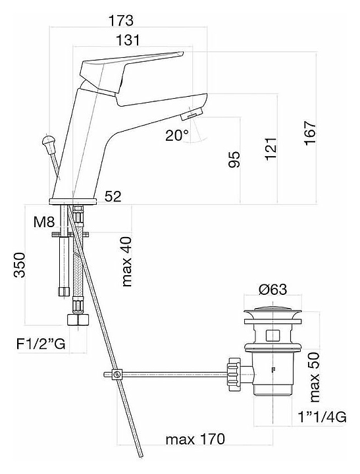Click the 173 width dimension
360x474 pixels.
120,21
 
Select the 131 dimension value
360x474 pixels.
128,40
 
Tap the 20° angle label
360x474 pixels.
177,135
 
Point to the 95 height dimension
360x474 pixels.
234,159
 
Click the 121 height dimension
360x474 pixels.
271,149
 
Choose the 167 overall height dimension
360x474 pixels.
310,133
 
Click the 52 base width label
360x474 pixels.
113,196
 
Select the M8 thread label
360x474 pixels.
44,223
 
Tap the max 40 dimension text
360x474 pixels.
126,261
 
